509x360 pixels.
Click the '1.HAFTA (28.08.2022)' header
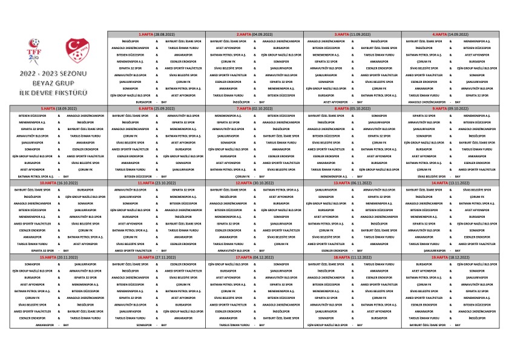(157, 34)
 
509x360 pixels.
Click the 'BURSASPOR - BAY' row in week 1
(157, 102)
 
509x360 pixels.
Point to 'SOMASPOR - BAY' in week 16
(157, 324)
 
